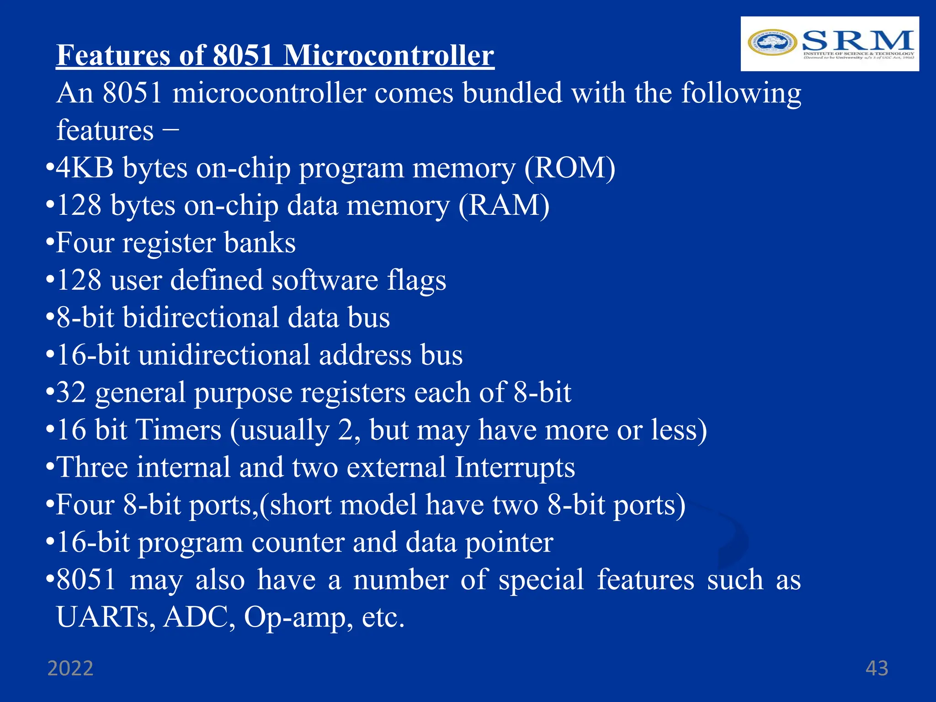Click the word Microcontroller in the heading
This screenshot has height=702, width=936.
click(x=388, y=56)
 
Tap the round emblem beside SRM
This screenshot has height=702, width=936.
click(x=772, y=43)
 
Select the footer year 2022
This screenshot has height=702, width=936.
click(x=70, y=668)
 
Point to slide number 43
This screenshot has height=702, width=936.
click(x=877, y=668)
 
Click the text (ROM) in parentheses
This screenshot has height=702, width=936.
click(x=569, y=168)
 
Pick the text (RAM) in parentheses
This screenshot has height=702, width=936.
click(x=504, y=206)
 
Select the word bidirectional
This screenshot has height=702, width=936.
click(x=201, y=318)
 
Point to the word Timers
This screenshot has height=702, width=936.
click(x=179, y=430)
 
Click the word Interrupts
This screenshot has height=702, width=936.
click(x=515, y=468)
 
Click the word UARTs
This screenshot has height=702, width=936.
click(x=106, y=617)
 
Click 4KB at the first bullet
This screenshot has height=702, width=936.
click(x=85, y=168)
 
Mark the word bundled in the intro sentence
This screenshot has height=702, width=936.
click(x=512, y=93)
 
